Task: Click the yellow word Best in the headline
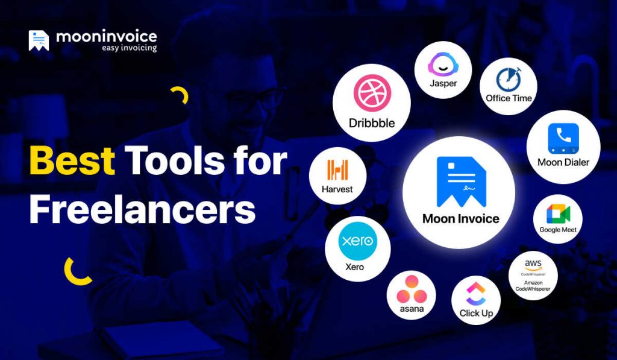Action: [x=72, y=161]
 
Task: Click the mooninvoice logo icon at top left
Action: [x=39, y=40]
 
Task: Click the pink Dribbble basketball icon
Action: [x=372, y=95]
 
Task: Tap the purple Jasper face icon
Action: [x=443, y=64]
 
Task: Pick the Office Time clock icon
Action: [x=509, y=79]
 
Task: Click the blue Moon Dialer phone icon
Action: [x=563, y=138]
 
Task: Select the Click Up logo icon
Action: [x=476, y=294]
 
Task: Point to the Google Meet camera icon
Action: [x=557, y=213]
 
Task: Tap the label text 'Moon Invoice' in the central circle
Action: [x=461, y=218]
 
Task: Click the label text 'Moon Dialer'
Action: [x=563, y=162]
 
